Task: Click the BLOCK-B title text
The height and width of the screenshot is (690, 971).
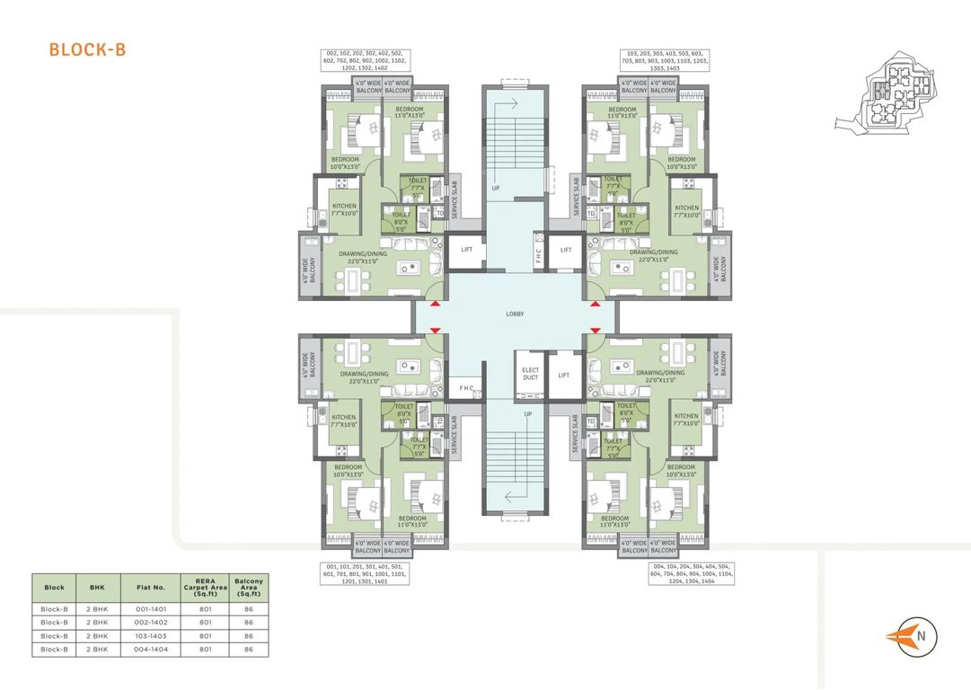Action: click(x=87, y=49)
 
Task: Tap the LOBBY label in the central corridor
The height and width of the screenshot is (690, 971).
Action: click(x=516, y=314)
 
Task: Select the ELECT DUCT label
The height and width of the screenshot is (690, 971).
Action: click(x=529, y=373)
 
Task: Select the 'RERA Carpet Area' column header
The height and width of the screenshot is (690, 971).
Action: click(x=205, y=588)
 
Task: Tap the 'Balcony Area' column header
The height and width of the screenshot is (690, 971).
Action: click(x=248, y=588)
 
